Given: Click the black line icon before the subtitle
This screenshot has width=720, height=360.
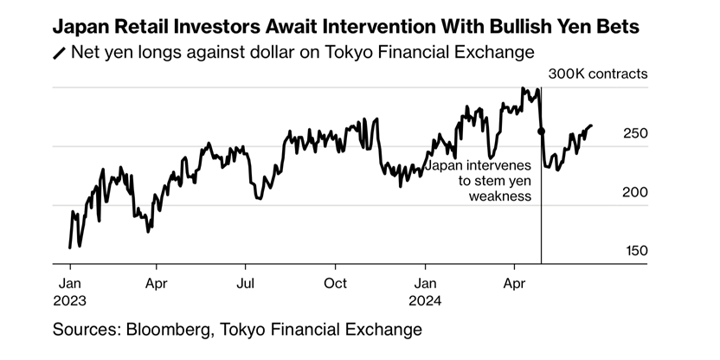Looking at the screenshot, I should pos(60,54).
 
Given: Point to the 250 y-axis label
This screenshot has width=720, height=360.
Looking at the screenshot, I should pos(634,133).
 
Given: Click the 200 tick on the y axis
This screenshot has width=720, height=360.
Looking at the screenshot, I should pos(634,192).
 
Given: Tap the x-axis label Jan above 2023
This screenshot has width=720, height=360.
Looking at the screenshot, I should pos(70,283).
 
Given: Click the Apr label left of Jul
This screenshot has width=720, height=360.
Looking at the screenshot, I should pos(156,283).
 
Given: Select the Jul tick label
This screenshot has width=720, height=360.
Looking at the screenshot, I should pos(246,283).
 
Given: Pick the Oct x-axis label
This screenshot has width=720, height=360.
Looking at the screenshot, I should pos(335,283).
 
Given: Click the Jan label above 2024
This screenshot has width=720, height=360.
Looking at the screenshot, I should pos(425,283).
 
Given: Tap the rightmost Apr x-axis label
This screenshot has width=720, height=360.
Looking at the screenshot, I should pos(515,283).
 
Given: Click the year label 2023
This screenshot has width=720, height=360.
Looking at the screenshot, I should pos(74,300).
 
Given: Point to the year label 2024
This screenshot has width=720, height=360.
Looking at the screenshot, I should pos(428,300).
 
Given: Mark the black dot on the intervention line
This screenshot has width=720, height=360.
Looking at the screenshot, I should pos(541,132).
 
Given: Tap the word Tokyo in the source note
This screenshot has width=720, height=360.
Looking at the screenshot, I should pos(250,330).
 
